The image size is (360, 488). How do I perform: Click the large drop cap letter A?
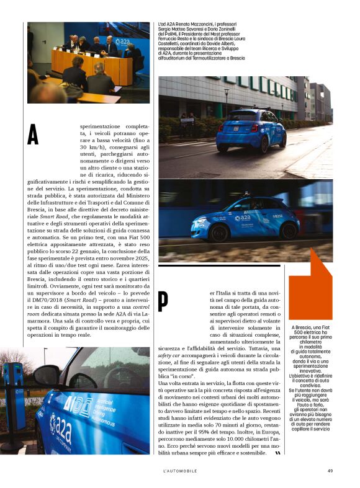click(x=33, y=135)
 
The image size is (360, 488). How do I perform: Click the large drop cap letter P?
click(x=163, y=301)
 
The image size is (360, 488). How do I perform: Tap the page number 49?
click(x=330, y=470)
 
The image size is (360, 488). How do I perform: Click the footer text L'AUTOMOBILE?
click(x=180, y=470)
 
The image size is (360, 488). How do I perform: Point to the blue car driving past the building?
click(x=241, y=130)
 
